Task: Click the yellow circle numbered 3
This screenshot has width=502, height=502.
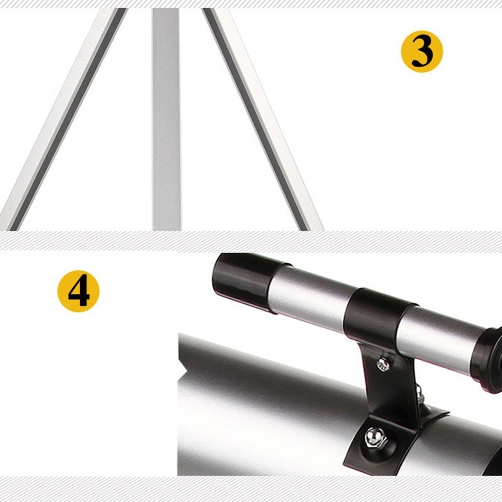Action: click(x=422, y=51)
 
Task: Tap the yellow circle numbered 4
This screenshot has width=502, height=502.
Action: click(x=78, y=291)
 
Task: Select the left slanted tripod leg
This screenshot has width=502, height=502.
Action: click(x=63, y=119)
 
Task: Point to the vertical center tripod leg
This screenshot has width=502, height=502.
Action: click(x=166, y=119)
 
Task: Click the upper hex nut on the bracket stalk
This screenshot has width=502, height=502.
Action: click(x=383, y=364)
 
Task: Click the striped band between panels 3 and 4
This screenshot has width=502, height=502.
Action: click(x=251, y=242)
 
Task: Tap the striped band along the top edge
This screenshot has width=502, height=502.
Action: click(x=251, y=4)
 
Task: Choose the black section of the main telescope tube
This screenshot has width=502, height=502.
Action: click(x=493, y=458)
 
